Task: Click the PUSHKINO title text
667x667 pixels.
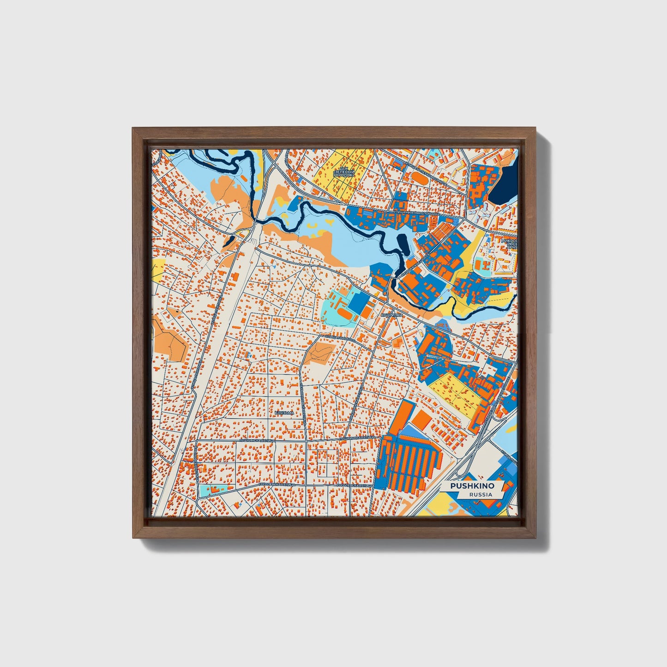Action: [x=472, y=486]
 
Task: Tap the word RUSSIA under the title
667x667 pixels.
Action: [x=481, y=494]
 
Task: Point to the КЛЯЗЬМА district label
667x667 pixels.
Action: [x=284, y=412]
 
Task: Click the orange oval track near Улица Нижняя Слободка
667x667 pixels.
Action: [x=417, y=176]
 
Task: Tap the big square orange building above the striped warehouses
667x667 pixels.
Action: [x=421, y=420]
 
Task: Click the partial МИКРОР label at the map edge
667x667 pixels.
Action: [x=509, y=241]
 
